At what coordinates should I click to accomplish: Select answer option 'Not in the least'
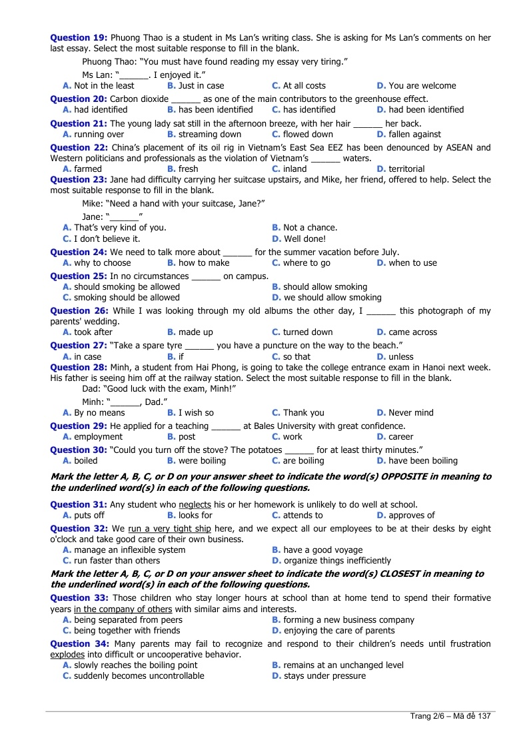tap(104, 85)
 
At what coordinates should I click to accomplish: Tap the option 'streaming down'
tap(210, 134)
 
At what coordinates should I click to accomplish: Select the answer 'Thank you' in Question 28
tap(303, 413)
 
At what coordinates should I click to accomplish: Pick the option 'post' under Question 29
tap(187, 437)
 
